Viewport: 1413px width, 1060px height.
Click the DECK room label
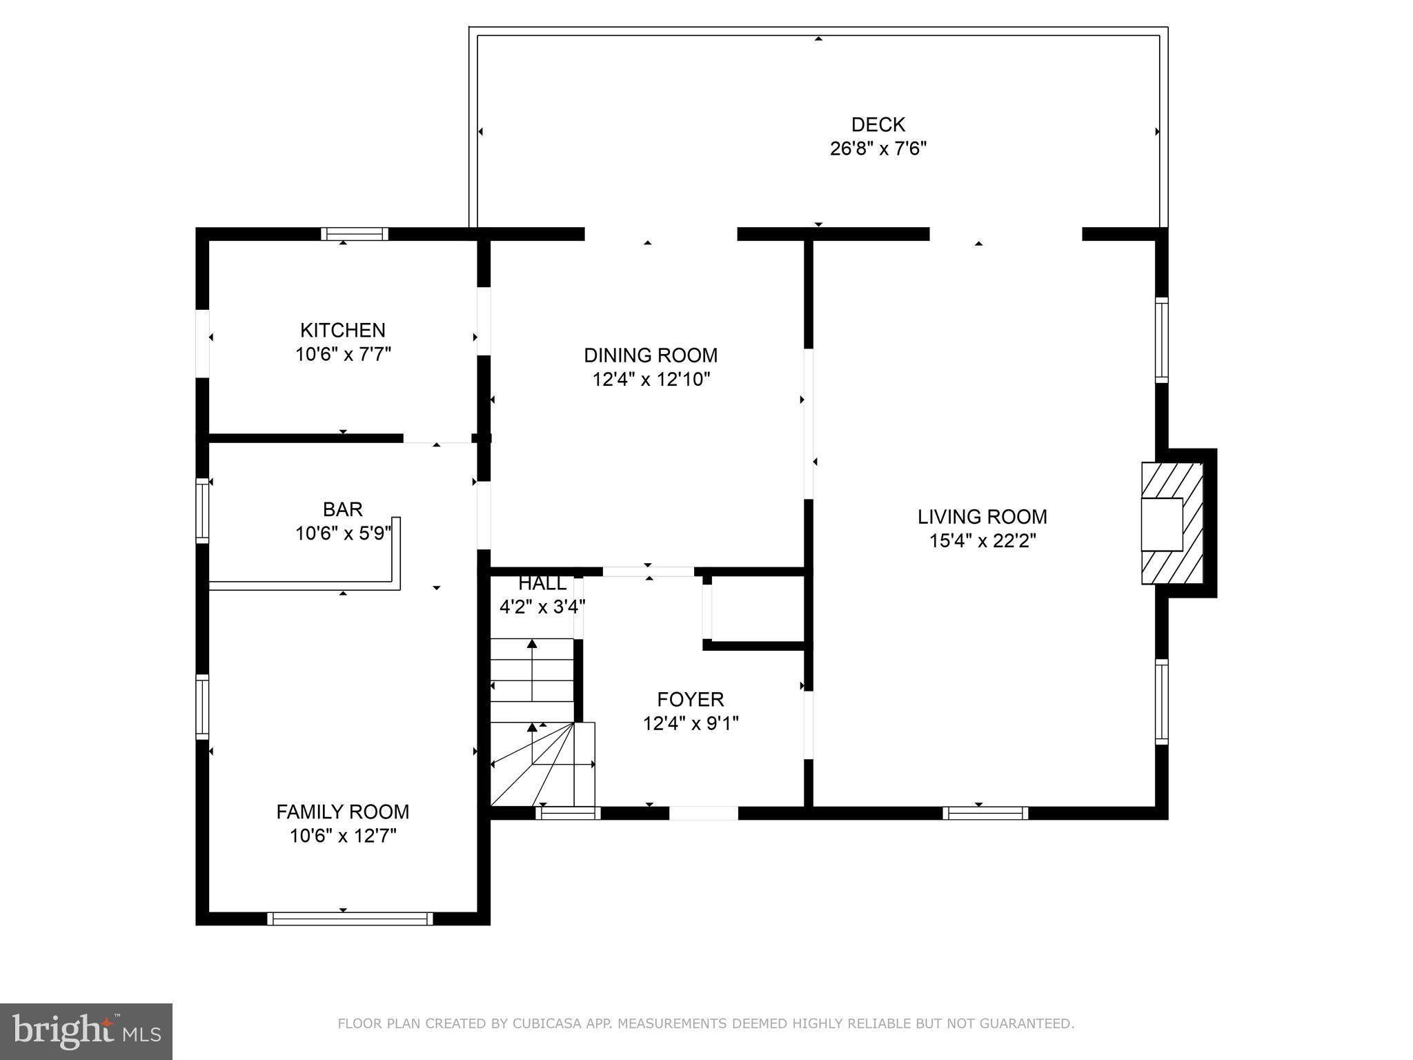click(x=878, y=125)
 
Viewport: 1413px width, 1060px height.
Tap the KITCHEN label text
click(x=343, y=330)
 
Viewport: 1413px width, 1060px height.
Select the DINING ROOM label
click(x=651, y=355)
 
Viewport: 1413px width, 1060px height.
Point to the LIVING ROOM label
click(x=982, y=517)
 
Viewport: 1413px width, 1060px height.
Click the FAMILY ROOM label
click(x=343, y=812)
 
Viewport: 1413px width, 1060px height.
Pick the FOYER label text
click(x=691, y=700)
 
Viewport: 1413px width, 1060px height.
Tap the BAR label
click(x=343, y=509)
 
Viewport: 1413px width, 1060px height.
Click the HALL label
click(x=542, y=584)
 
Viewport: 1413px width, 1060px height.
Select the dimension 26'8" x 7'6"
click(x=878, y=149)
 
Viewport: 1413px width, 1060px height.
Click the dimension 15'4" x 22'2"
click(x=982, y=541)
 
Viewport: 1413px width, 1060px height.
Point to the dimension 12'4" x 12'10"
click(x=651, y=380)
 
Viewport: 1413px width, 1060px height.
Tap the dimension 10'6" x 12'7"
click(x=343, y=836)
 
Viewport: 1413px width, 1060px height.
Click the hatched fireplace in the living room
click(x=1172, y=524)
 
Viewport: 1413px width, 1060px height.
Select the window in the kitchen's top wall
click(x=355, y=234)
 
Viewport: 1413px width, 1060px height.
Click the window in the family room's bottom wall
click(x=350, y=919)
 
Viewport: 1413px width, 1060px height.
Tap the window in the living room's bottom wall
click(x=985, y=813)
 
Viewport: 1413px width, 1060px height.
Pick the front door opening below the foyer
click(x=704, y=813)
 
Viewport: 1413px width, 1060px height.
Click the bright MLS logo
click(x=86, y=1032)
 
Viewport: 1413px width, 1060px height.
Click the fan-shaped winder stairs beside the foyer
click(x=542, y=764)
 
